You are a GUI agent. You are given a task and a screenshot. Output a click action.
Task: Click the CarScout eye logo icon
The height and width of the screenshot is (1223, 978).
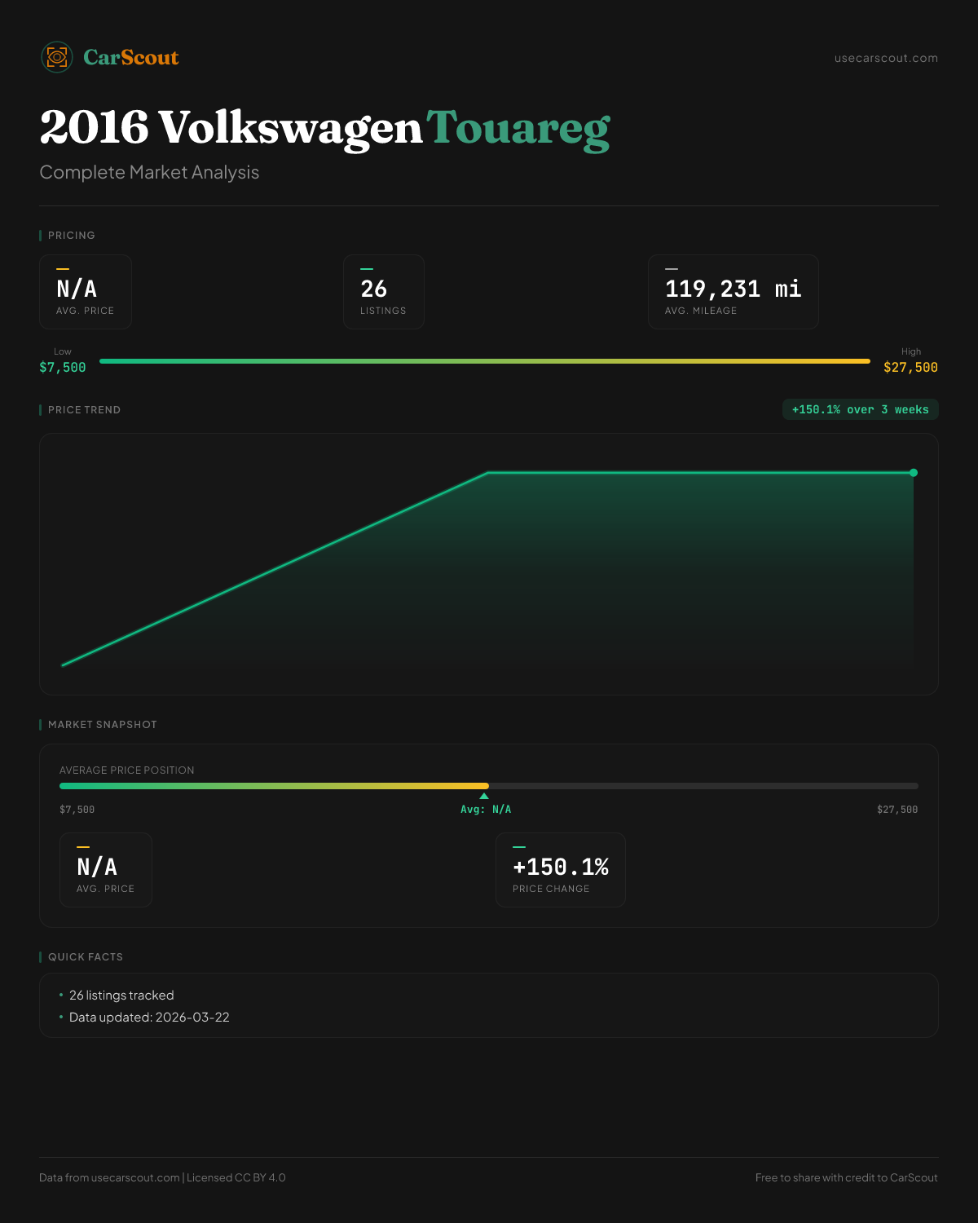pyautogui.click(x=57, y=57)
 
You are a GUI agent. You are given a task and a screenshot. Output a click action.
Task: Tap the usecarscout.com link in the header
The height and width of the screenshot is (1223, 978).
pyautogui.click(x=886, y=59)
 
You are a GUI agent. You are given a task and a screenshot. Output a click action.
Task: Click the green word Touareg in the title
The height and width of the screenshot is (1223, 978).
pyautogui.click(x=518, y=129)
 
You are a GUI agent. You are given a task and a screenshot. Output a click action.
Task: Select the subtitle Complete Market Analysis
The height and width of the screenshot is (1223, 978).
pyautogui.click(x=149, y=173)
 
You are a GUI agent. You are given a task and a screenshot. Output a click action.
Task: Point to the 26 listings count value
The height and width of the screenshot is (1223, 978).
pyautogui.click(x=374, y=289)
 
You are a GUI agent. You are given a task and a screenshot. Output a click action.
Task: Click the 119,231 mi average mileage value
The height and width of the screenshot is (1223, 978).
pyautogui.click(x=733, y=289)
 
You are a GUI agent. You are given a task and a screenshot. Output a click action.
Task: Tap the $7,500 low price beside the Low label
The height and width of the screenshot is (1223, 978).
pyautogui.click(x=63, y=368)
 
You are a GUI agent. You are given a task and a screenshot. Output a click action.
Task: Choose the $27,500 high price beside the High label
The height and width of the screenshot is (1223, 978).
pyautogui.click(x=910, y=368)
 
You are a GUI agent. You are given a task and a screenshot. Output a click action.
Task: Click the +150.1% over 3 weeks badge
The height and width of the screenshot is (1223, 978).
pyautogui.click(x=860, y=410)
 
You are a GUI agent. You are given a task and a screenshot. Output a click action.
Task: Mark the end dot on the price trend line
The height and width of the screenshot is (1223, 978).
pyautogui.click(x=914, y=473)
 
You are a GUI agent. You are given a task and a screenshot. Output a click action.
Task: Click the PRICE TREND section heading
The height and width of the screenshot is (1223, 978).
pyautogui.click(x=84, y=410)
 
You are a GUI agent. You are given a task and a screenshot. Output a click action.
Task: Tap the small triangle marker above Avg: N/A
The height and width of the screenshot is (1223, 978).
pyautogui.click(x=484, y=796)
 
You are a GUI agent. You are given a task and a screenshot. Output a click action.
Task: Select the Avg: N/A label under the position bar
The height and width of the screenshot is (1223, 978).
pyautogui.click(x=486, y=810)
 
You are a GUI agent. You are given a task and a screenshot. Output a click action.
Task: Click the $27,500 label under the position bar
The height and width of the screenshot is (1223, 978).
pyautogui.click(x=897, y=810)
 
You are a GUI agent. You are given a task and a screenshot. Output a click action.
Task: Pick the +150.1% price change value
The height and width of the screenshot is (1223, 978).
pyautogui.click(x=561, y=868)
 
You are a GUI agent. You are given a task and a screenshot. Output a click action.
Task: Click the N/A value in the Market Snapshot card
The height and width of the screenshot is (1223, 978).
pyautogui.click(x=97, y=868)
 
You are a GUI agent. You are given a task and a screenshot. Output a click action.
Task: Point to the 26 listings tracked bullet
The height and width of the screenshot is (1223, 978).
pyautogui.click(x=121, y=996)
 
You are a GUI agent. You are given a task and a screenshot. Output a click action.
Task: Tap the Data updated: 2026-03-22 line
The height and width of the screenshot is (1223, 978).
pyautogui.click(x=149, y=1018)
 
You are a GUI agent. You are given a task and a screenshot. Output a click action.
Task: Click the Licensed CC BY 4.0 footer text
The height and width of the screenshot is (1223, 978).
pyautogui.click(x=236, y=1178)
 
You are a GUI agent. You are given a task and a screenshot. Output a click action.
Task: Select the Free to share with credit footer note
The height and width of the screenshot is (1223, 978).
pyautogui.click(x=846, y=1178)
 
